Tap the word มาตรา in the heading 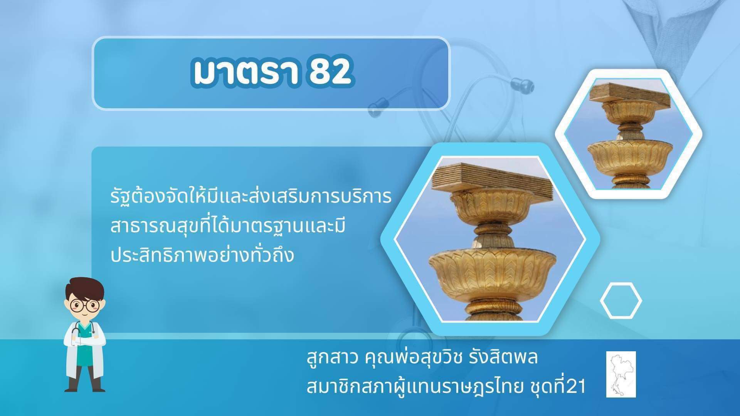tap(246, 72)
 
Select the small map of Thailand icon tap(621, 374)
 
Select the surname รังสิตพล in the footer tap(503, 357)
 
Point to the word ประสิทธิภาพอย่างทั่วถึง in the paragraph tap(202, 255)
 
